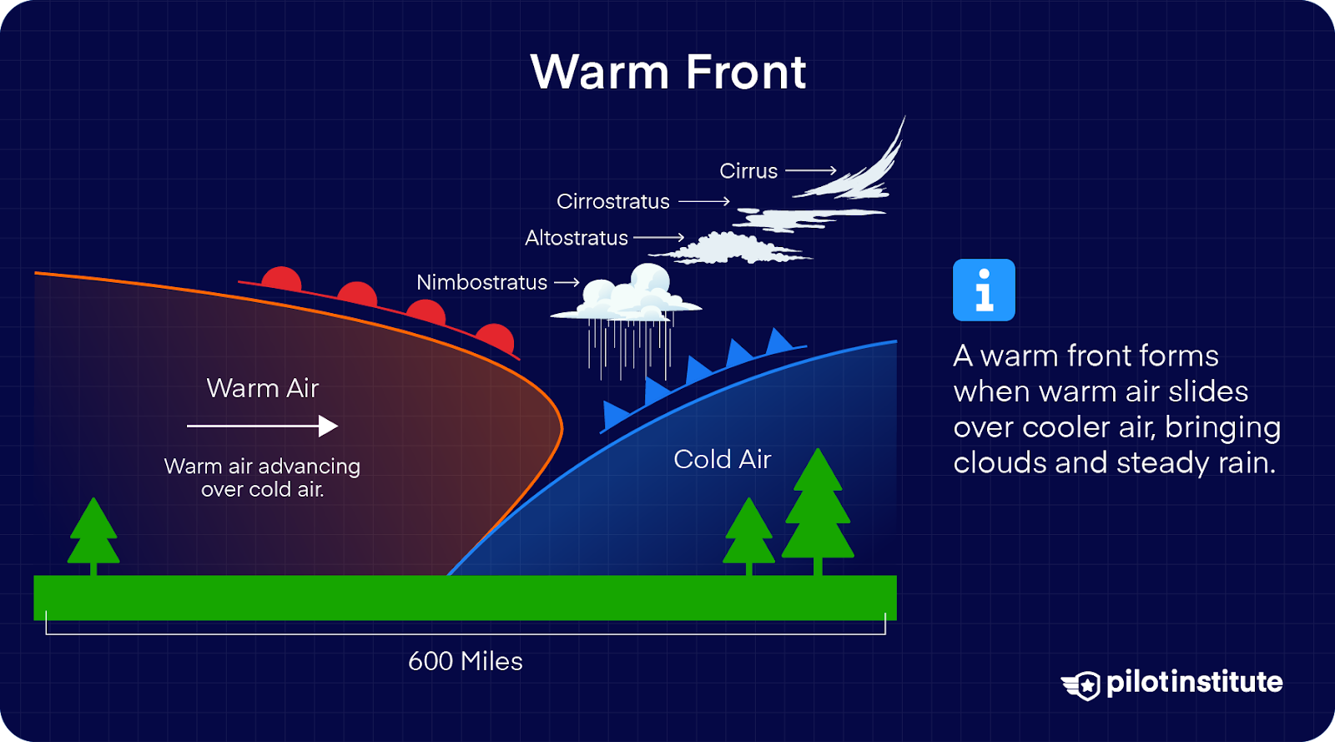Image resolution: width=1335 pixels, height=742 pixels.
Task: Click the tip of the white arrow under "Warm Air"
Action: pos(339,427)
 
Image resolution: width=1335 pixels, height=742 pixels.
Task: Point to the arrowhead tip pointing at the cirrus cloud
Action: pos(836,170)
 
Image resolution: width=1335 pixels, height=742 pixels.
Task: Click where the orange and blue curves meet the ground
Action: pos(449,575)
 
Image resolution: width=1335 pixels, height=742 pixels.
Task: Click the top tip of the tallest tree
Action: pos(818,448)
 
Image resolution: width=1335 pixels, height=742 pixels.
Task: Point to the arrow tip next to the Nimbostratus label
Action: pos(579,282)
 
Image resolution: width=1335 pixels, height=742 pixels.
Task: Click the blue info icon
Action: pos(984,290)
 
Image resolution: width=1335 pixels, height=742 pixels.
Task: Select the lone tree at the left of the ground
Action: pos(93,537)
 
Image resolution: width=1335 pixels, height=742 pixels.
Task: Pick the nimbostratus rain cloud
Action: pos(627,322)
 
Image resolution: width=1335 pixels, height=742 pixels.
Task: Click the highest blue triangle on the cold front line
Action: pos(778,341)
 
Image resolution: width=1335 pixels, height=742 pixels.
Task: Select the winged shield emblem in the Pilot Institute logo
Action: pos(1081,685)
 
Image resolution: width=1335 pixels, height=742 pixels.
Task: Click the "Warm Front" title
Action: pos(668,72)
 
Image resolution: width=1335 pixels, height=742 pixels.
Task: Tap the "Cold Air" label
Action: pos(723,460)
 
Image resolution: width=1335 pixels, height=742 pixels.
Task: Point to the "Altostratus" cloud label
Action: pos(577,238)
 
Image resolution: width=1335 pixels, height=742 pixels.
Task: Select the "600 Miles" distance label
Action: pos(466,661)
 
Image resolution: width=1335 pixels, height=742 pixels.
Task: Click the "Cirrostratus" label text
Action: pos(612,201)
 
